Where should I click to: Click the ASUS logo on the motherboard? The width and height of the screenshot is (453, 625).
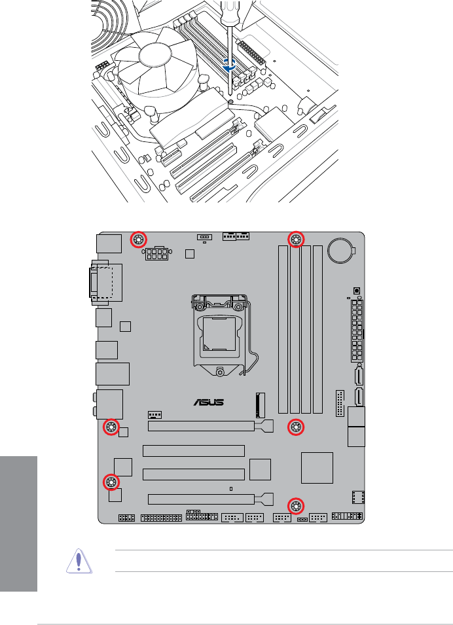(x=208, y=402)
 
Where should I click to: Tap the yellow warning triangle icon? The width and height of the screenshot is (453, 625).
(x=79, y=562)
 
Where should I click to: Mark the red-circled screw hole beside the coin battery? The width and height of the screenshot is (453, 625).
(x=296, y=240)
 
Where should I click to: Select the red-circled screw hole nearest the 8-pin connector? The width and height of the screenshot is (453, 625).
(x=138, y=240)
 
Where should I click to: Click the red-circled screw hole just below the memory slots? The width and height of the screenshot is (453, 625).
(x=296, y=427)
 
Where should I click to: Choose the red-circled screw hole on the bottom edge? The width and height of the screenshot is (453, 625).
(x=297, y=505)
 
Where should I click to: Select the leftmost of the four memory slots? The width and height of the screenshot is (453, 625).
(x=282, y=329)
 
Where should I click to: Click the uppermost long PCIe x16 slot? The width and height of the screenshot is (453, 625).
(x=202, y=427)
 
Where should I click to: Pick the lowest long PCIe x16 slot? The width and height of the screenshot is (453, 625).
(x=202, y=499)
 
